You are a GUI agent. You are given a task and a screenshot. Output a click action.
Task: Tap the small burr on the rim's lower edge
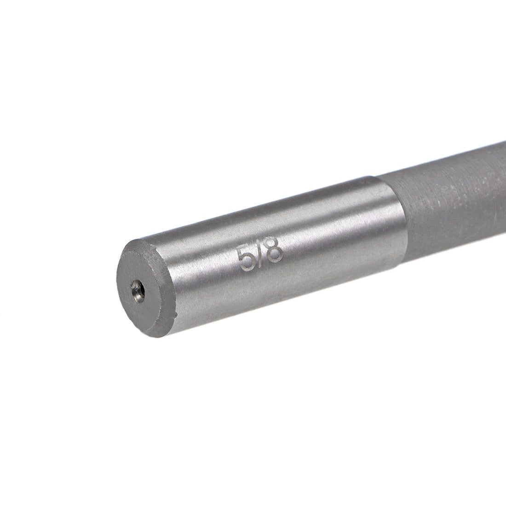176,315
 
